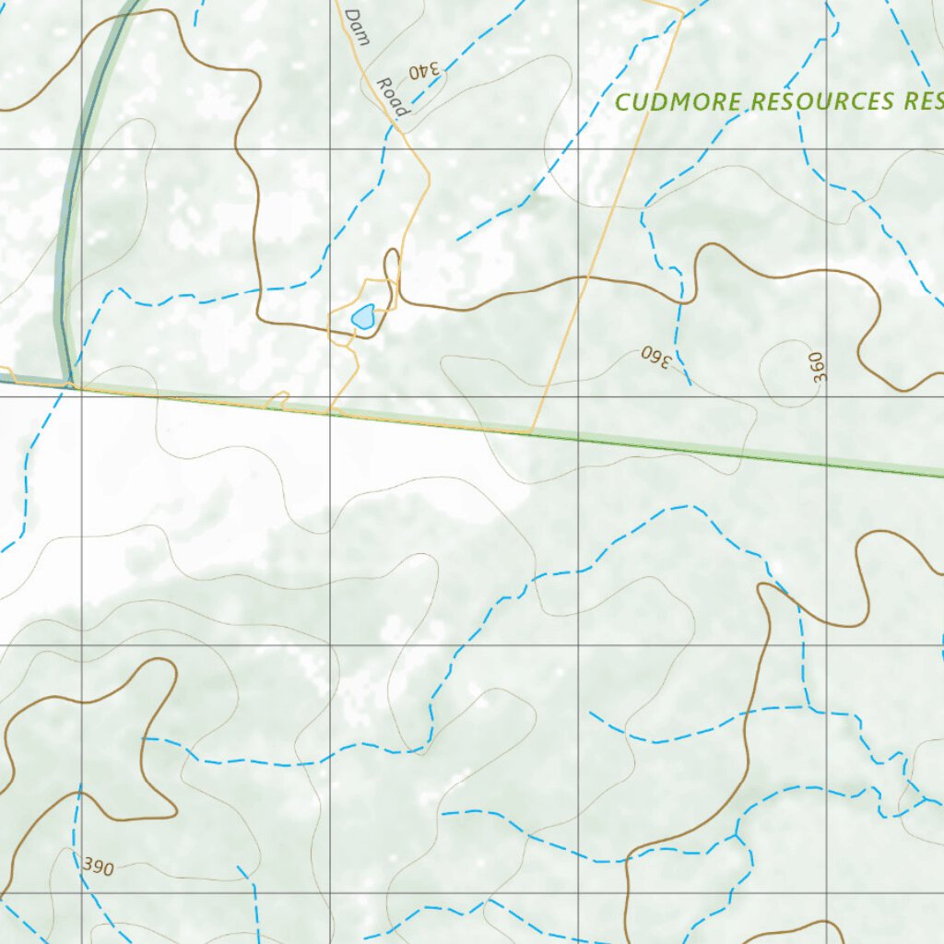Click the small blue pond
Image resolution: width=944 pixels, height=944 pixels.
363,317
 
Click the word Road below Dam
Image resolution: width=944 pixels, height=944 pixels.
391,96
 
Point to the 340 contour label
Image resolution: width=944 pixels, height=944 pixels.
425,69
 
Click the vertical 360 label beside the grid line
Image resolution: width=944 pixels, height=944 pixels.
820,366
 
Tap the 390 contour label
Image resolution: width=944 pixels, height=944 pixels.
98,867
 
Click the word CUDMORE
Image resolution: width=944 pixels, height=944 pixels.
679,101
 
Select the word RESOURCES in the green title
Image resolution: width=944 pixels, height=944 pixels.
822,101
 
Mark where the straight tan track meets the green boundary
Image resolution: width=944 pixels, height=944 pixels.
533,431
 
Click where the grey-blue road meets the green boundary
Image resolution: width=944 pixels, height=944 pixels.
68,383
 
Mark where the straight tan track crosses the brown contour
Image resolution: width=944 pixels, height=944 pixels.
583,277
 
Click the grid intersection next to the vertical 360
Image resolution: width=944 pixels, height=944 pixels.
826,397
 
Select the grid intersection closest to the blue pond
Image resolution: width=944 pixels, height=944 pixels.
331,397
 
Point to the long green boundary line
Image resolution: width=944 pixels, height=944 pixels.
737,453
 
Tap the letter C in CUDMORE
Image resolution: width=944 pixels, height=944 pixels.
621,102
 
